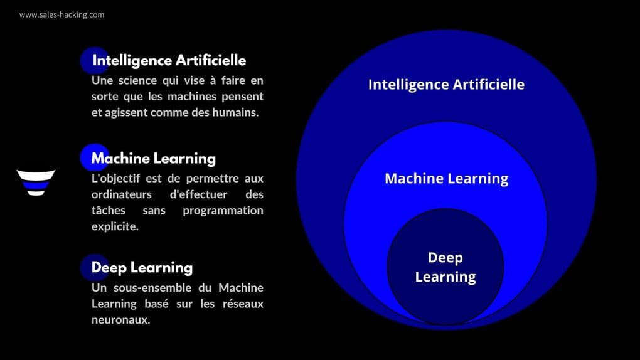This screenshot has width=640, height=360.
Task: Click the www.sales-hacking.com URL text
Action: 61,14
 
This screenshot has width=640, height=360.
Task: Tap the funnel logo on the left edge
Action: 36,182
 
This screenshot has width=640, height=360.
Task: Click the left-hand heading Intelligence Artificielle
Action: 169,61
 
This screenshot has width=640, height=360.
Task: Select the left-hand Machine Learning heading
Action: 153,159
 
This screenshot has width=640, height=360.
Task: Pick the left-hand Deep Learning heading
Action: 142,268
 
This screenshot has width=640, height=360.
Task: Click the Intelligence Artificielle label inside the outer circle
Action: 445,84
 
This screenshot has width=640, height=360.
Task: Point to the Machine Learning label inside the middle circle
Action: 446,178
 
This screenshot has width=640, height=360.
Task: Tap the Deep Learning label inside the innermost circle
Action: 445,267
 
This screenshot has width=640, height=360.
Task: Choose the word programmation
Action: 223,210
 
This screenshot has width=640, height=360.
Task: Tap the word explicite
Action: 115,226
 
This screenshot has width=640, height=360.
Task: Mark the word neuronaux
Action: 120,320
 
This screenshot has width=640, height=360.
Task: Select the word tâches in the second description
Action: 109,210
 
